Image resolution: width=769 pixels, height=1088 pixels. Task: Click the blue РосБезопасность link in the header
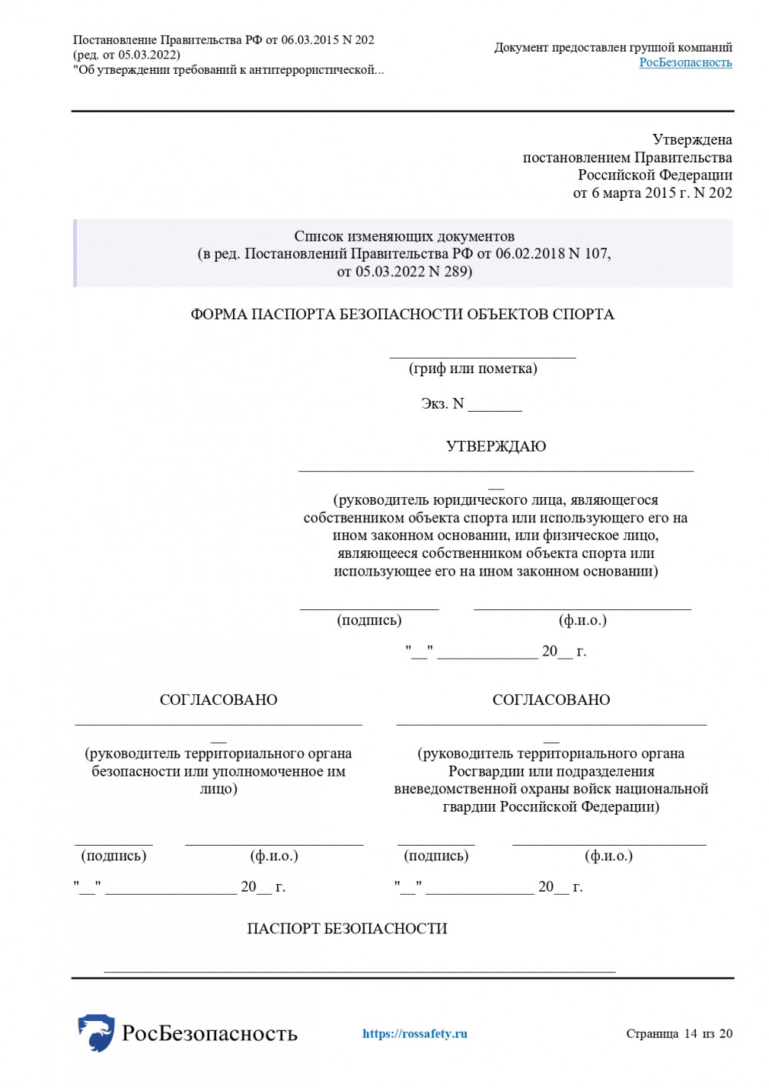(685, 62)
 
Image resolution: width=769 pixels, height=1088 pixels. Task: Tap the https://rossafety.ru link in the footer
(414, 1033)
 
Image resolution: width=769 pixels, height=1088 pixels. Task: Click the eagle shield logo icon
(96, 1032)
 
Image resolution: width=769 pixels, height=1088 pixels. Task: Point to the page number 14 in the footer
(690, 1033)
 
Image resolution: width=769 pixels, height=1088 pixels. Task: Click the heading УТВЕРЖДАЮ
(496, 446)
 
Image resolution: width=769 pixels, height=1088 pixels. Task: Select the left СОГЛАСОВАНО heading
(218, 699)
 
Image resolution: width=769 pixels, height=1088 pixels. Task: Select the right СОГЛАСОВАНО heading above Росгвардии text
(551, 699)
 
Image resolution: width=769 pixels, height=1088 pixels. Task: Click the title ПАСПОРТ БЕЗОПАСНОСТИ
(347, 929)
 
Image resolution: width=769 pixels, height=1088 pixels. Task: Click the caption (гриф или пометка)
(473, 369)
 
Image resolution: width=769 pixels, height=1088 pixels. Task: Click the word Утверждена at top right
(692, 140)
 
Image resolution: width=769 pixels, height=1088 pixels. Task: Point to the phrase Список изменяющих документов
(404, 236)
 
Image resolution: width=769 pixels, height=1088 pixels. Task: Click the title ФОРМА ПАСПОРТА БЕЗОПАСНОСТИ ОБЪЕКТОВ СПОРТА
(402, 314)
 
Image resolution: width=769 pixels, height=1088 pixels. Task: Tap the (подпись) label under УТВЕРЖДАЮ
(369, 620)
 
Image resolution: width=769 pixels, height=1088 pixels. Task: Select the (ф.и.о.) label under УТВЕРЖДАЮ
(582, 620)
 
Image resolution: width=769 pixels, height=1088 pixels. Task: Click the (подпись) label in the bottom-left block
(114, 856)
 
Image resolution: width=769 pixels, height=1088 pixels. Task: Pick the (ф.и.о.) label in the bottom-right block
(608, 856)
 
